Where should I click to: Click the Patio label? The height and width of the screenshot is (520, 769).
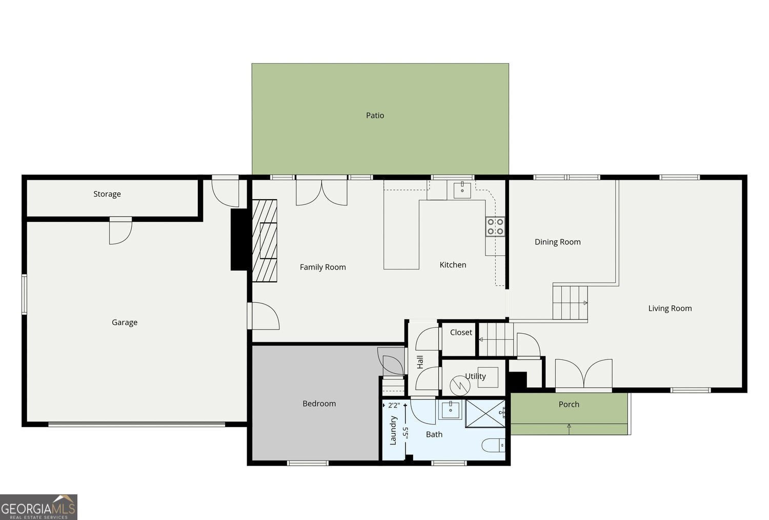(375, 115)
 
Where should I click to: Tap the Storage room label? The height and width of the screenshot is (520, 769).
(107, 194)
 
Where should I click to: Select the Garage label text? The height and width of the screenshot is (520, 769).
(125, 322)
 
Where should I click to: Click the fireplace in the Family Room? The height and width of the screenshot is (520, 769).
(265, 240)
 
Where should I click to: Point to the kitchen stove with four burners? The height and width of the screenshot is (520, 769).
(495, 226)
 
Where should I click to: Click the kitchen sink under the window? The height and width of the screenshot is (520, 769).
(462, 189)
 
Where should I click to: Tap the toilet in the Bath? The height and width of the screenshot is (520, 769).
(493, 445)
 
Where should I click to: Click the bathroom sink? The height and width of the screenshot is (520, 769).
(451, 410)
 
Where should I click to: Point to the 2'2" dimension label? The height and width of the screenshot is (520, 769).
(394, 405)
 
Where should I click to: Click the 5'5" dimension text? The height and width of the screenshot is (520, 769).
(405, 432)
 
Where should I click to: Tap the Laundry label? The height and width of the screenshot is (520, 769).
(393, 430)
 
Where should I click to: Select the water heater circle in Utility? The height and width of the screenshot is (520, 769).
(459, 386)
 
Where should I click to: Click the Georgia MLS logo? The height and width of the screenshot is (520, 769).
(38, 507)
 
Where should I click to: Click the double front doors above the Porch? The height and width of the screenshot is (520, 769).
(583, 374)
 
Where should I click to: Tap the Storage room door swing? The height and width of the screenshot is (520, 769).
(120, 231)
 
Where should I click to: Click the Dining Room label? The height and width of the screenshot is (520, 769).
(557, 242)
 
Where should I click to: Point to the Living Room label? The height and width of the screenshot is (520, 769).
(670, 309)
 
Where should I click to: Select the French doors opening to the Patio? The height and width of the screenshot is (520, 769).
(321, 191)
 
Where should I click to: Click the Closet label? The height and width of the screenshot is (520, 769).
(461, 333)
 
